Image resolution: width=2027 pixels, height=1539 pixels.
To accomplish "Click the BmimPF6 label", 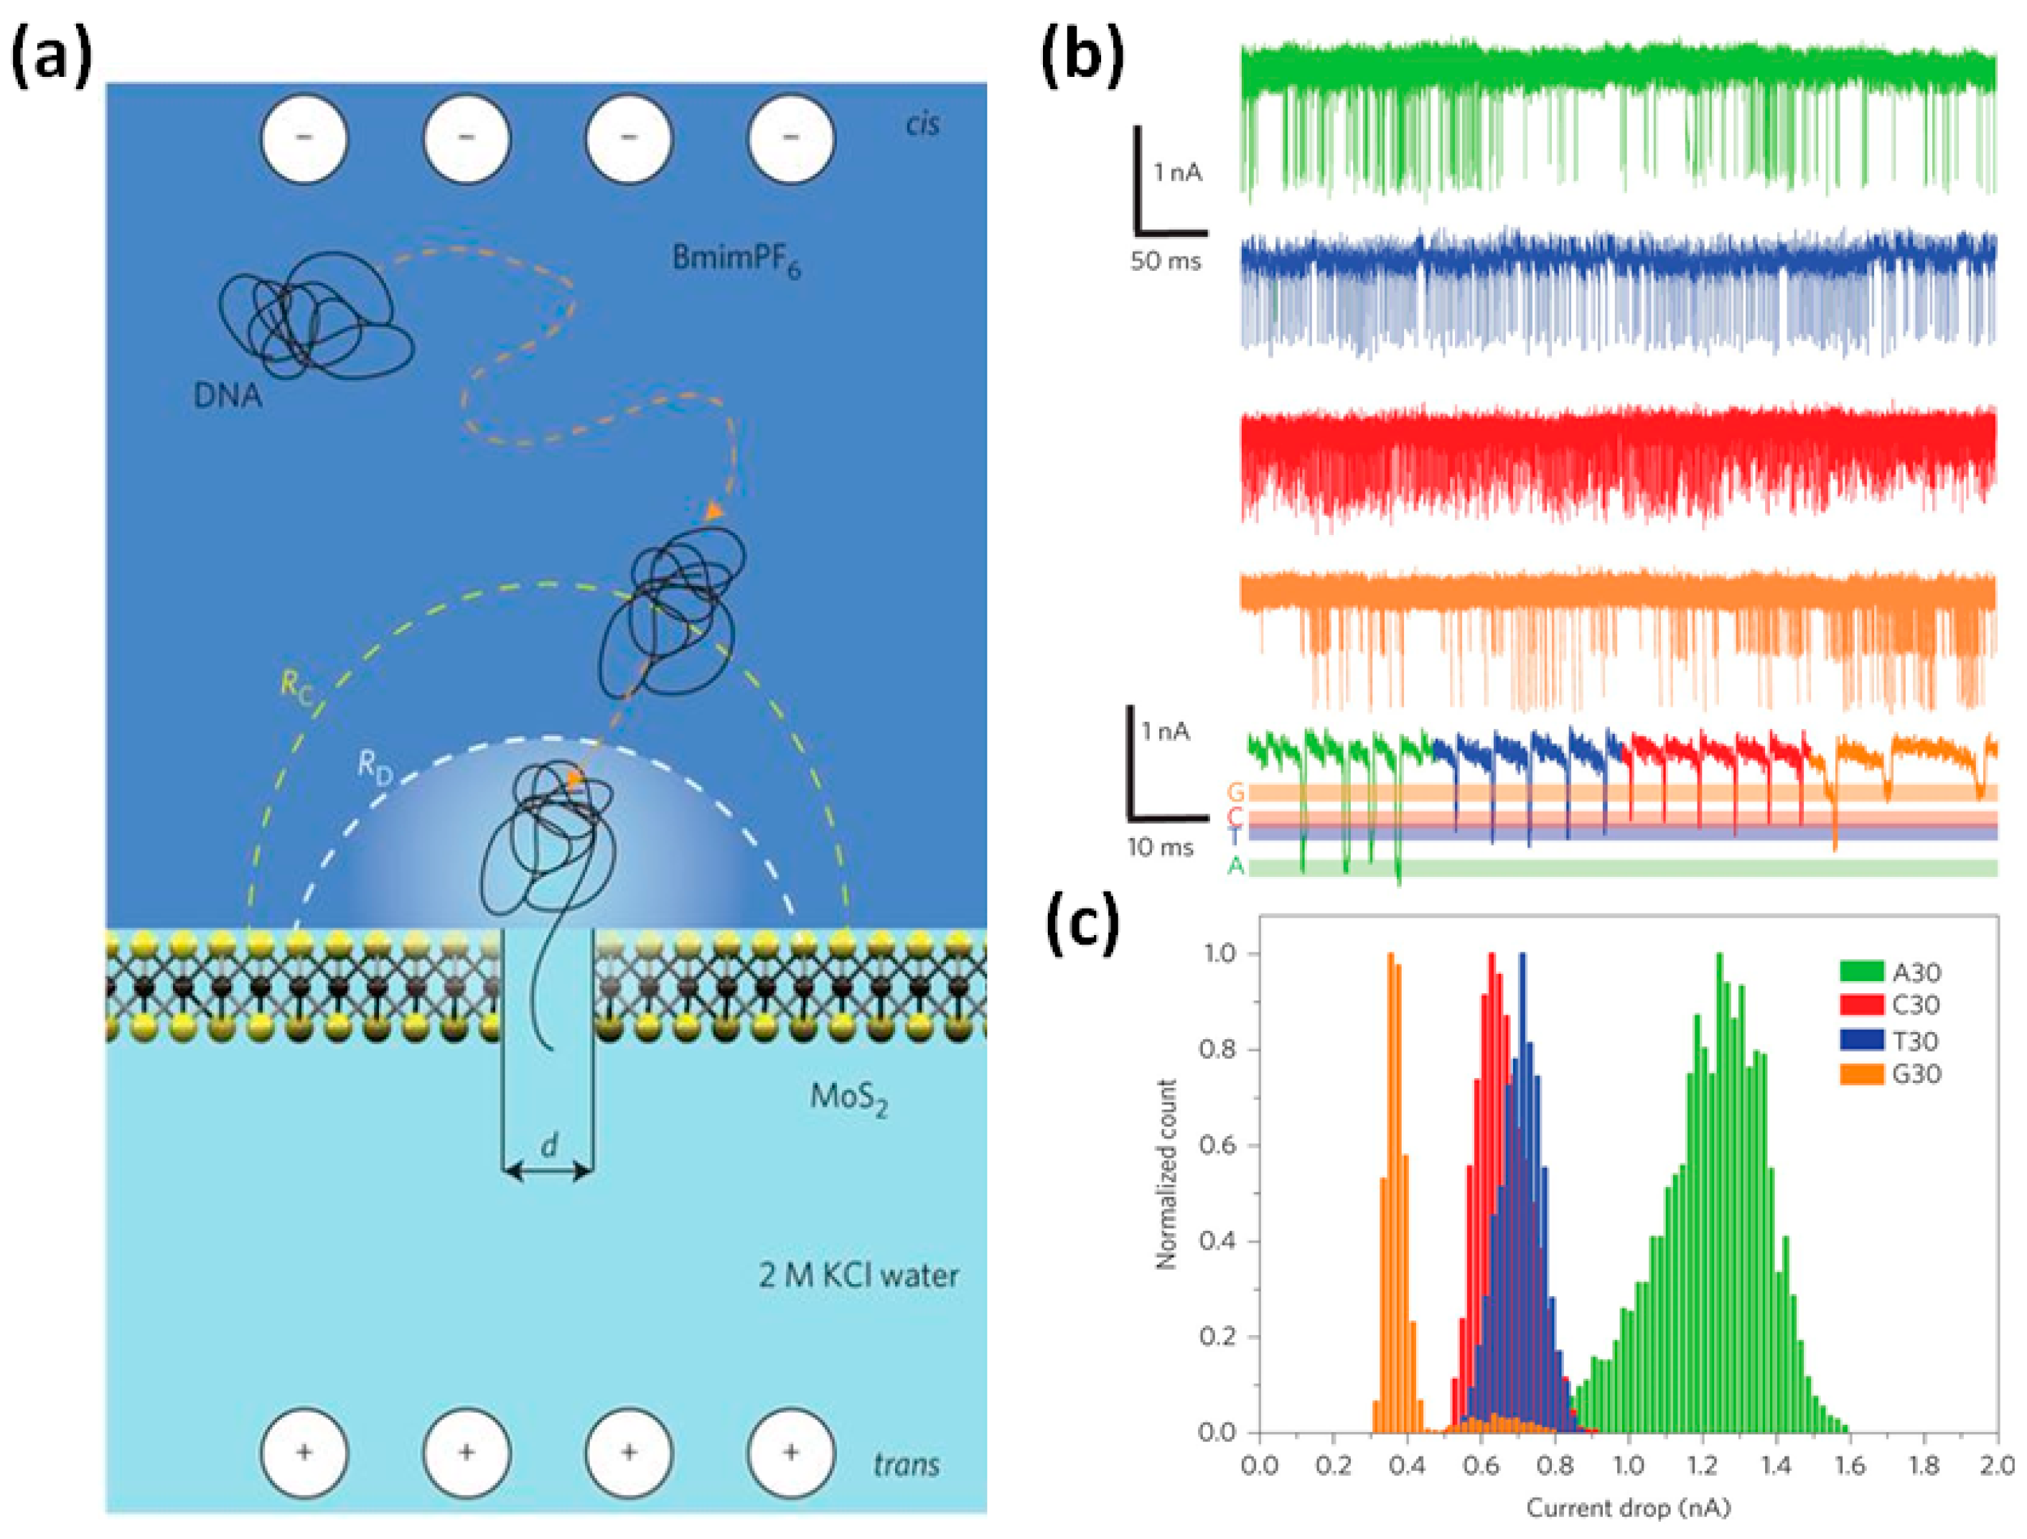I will (736, 259).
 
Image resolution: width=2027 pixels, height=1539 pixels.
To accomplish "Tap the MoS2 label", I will (848, 1097).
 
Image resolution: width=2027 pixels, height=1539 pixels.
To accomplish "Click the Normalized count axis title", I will (1166, 1174).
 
